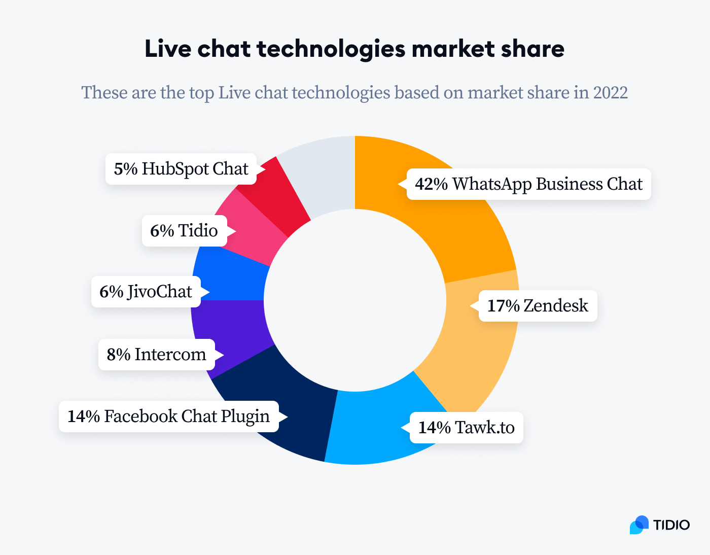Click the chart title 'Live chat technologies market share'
coord(354,49)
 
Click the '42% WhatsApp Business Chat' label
coord(528,184)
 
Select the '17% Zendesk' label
coord(538,305)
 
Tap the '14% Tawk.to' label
coord(466,427)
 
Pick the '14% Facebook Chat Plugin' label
coord(168,416)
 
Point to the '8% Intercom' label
coord(156,354)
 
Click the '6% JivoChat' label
coord(146,291)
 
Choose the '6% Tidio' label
coord(184,230)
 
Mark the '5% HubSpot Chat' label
coord(181,168)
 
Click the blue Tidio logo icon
coord(639,525)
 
